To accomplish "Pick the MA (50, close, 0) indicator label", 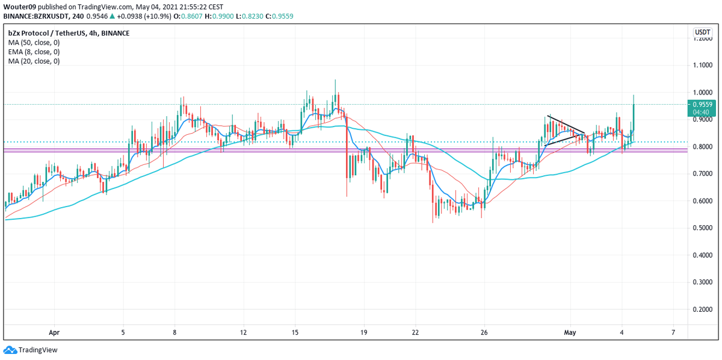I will [34, 42].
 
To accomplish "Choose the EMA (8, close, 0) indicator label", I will [34, 52].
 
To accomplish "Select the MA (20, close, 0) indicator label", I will [34, 61].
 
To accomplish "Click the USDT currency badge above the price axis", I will [702, 33].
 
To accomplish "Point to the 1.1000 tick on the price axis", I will [701, 65].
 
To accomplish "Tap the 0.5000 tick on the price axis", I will [701, 228].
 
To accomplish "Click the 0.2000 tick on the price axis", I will [701, 309].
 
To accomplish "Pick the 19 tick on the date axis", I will [363, 332].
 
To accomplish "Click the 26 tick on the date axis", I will [484, 332].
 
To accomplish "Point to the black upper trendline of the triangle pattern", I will [566, 124].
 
